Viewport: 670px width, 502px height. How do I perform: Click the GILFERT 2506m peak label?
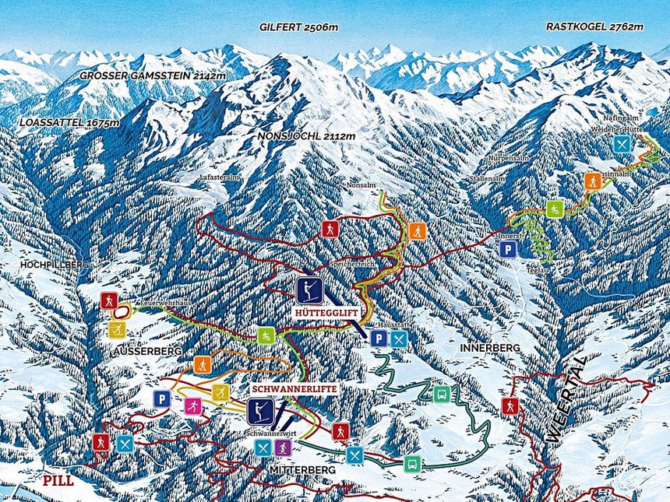pyautogui.click(x=299, y=26)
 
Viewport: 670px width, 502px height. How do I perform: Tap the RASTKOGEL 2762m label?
pyautogui.click(x=594, y=26)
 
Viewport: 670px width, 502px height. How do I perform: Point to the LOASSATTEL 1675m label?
pyautogui.click(x=70, y=122)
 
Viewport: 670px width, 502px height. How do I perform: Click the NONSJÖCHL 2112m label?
pyautogui.click(x=305, y=136)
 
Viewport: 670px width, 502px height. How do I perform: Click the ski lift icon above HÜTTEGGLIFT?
pyautogui.click(x=310, y=290)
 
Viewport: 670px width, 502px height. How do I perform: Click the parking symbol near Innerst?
pyautogui.click(x=508, y=249)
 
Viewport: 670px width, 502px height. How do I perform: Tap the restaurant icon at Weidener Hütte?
pyautogui.click(x=621, y=144)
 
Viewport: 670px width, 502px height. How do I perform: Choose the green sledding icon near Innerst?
pyautogui.click(x=554, y=209)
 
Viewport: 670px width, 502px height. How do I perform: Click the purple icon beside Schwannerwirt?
pyautogui.click(x=283, y=448)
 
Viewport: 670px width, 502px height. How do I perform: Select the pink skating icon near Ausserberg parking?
pyautogui.click(x=192, y=405)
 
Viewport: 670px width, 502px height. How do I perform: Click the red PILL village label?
pyautogui.click(x=58, y=480)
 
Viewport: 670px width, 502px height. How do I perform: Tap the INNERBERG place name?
pyautogui.click(x=489, y=348)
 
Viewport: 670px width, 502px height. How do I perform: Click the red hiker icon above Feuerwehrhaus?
pyautogui.click(x=109, y=300)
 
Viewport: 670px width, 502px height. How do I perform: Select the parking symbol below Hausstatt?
pyautogui.click(x=378, y=338)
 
